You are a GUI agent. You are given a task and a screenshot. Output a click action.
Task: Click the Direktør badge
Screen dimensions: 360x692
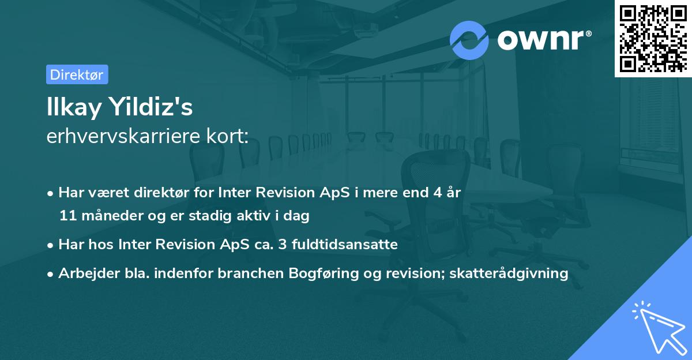coord(77,74)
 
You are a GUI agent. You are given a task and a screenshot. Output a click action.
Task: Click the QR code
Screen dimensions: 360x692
coord(653,38)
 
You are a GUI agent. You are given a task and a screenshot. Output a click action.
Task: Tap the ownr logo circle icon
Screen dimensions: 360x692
coord(469,40)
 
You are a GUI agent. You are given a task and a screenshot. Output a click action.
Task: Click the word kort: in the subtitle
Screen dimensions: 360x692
coord(229,137)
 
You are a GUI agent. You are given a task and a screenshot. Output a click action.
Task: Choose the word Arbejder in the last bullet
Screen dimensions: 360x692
coord(85,273)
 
